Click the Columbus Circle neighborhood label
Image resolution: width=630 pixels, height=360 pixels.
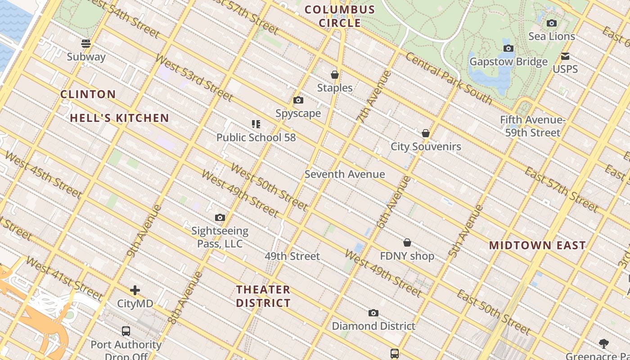pyautogui.click(x=340, y=16)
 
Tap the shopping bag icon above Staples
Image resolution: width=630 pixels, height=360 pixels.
pyautogui.click(x=335, y=75)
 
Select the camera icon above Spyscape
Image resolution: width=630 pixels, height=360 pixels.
pyautogui.click(x=298, y=100)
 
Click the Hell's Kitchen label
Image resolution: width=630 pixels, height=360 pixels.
pyautogui.click(x=119, y=118)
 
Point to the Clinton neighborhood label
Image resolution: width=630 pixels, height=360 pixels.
pyautogui.click(x=88, y=94)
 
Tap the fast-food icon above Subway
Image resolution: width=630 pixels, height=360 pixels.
pyautogui.click(x=86, y=44)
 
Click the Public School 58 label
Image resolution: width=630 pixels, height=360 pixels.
pyautogui.click(x=256, y=138)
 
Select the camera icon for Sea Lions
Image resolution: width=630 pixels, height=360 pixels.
pyautogui.click(x=552, y=23)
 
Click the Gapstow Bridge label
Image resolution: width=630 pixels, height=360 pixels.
pyautogui.click(x=508, y=62)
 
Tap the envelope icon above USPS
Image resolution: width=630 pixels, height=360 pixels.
pyautogui.click(x=565, y=56)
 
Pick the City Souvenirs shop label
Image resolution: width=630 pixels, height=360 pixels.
pyautogui.click(x=426, y=147)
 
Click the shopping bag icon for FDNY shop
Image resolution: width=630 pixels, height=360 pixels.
pyautogui.click(x=407, y=243)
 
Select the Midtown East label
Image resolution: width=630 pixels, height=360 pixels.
pyautogui.click(x=537, y=246)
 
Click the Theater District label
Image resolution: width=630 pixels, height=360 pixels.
pyautogui.click(x=263, y=296)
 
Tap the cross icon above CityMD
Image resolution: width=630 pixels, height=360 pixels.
pyautogui.click(x=135, y=290)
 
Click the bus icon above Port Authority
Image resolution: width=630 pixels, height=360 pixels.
pyautogui.click(x=126, y=331)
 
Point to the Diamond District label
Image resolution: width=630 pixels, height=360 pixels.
pyautogui.click(x=373, y=326)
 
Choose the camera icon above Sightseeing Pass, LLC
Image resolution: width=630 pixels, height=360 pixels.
pyautogui.click(x=220, y=218)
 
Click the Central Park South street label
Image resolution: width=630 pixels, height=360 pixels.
pyautogui.click(x=449, y=78)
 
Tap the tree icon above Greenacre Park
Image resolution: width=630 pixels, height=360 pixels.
pyautogui.click(x=604, y=344)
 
